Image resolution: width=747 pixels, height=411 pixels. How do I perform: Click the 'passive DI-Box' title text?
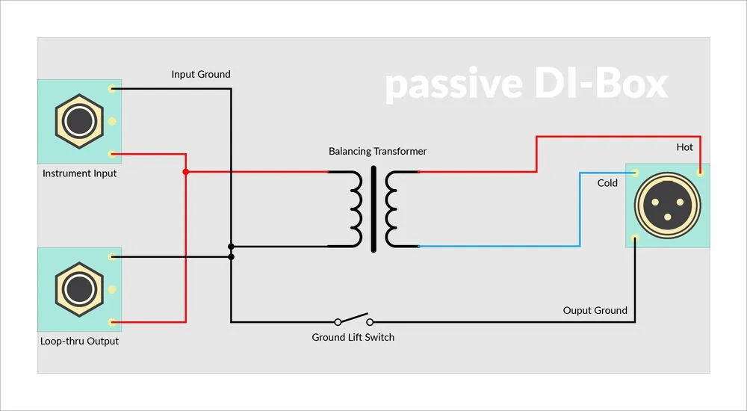pyautogui.click(x=526, y=85)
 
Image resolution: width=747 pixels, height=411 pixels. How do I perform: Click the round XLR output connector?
pyautogui.click(x=666, y=205)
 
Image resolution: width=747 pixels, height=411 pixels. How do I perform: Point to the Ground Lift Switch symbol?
pyautogui.click(x=353, y=319)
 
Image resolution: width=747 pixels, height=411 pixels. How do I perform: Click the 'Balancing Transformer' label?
pyautogui.click(x=377, y=151)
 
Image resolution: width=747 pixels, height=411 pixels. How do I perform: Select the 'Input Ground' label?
pyautogui.click(x=200, y=74)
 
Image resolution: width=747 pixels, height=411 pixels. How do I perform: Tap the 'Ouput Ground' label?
pyautogui.click(x=595, y=310)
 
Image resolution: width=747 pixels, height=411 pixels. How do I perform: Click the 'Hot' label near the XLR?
pyautogui.click(x=684, y=147)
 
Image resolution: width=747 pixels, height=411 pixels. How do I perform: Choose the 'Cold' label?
pyautogui.click(x=607, y=183)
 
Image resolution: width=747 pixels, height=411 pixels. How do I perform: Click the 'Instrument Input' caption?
pyautogui.click(x=79, y=173)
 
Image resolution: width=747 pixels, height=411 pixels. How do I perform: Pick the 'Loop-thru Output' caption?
pyautogui.click(x=79, y=342)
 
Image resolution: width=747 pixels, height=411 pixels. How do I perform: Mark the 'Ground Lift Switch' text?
pyautogui.click(x=353, y=337)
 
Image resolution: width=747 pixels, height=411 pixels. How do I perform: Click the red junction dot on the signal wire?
pyautogui.click(x=185, y=172)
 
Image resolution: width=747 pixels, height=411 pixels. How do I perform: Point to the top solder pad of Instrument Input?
pyautogui.click(x=111, y=88)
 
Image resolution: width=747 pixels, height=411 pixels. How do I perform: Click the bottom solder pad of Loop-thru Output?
pyautogui.click(x=111, y=323)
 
